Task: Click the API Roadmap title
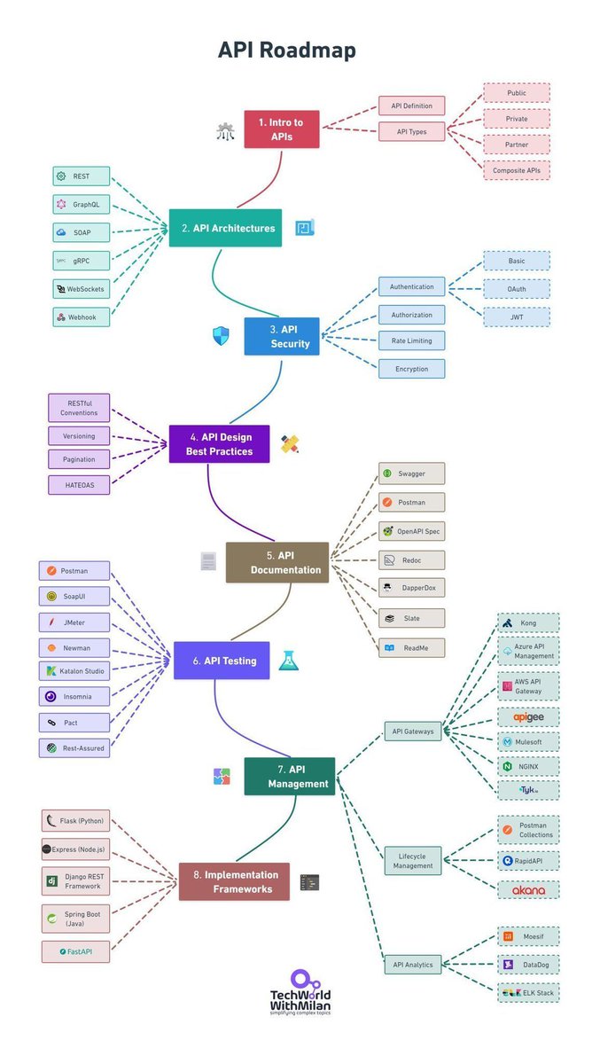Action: (x=287, y=51)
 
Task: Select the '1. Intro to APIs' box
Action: (x=281, y=129)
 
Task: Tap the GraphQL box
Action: (x=82, y=204)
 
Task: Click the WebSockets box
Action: (x=82, y=289)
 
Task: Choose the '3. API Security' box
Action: (x=282, y=336)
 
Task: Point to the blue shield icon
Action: (x=221, y=336)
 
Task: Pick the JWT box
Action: (x=516, y=317)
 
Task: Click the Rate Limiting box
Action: (x=411, y=340)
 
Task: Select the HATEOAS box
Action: (x=79, y=484)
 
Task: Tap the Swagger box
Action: (x=411, y=473)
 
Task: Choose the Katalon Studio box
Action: (x=74, y=671)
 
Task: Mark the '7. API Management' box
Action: (x=290, y=776)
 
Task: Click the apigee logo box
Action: (x=528, y=716)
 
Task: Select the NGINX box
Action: (x=528, y=765)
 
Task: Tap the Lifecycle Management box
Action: (x=412, y=860)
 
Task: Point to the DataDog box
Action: (x=528, y=964)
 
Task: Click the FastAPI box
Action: (x=75, y=951)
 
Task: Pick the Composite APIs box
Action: (x=516, y=168)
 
